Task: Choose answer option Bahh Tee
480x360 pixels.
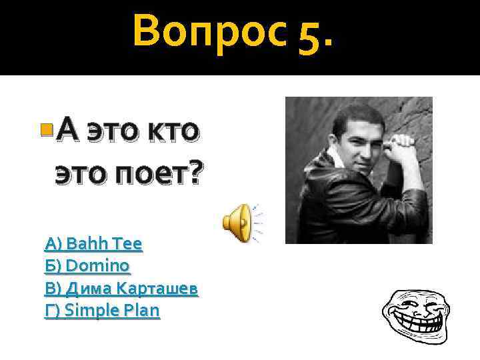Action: (93, 244)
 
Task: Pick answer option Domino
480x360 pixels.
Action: (87, 266)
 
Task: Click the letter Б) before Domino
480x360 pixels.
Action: (53, 266)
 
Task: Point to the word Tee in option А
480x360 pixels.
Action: (129, 244)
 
